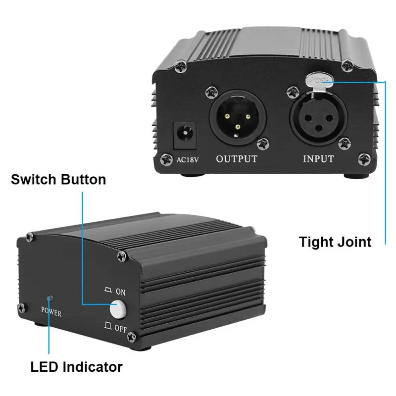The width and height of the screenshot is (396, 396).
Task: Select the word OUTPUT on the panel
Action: point(237,159)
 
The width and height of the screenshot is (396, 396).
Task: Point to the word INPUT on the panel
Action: point(318,159)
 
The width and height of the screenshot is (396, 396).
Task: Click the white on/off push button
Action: point(118,309)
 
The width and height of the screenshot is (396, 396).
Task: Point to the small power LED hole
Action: point(49,298)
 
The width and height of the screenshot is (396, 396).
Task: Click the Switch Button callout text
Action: point(58,179)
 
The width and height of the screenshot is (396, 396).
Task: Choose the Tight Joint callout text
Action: point(335,242)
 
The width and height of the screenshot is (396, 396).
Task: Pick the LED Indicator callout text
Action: point(76,367)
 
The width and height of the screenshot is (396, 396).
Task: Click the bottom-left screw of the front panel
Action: point(22,308)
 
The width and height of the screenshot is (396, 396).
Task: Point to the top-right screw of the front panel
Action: point(121,256)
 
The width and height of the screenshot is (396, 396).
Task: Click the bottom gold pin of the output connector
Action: point(238,127)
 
